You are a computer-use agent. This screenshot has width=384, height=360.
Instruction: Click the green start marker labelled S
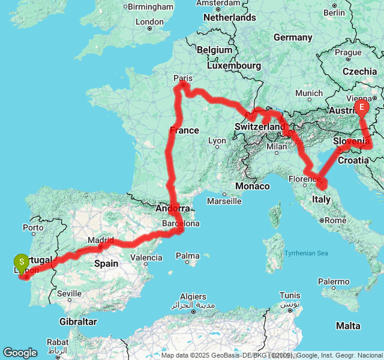click(22, 262)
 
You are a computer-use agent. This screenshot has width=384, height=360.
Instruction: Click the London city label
click(149, 22)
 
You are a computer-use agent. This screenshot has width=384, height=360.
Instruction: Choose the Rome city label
click(335, 220)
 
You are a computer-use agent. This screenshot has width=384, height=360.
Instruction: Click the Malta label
click(349, 325)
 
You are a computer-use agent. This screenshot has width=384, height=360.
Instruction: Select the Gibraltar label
click(79, 322)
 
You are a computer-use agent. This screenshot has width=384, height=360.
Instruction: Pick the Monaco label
click(253, 187)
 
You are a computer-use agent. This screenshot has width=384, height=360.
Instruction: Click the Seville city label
click(70, 293)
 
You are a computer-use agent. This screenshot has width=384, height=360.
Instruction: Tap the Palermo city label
click(334, 281)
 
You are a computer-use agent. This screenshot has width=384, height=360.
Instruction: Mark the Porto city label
click(34, 227)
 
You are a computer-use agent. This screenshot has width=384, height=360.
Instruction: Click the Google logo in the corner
click(20, 353)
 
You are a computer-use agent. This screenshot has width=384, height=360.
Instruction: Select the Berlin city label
click(334, 12)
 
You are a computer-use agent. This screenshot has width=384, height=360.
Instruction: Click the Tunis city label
click(290, 295)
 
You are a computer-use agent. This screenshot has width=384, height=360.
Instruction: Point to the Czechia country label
click(360, 71)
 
